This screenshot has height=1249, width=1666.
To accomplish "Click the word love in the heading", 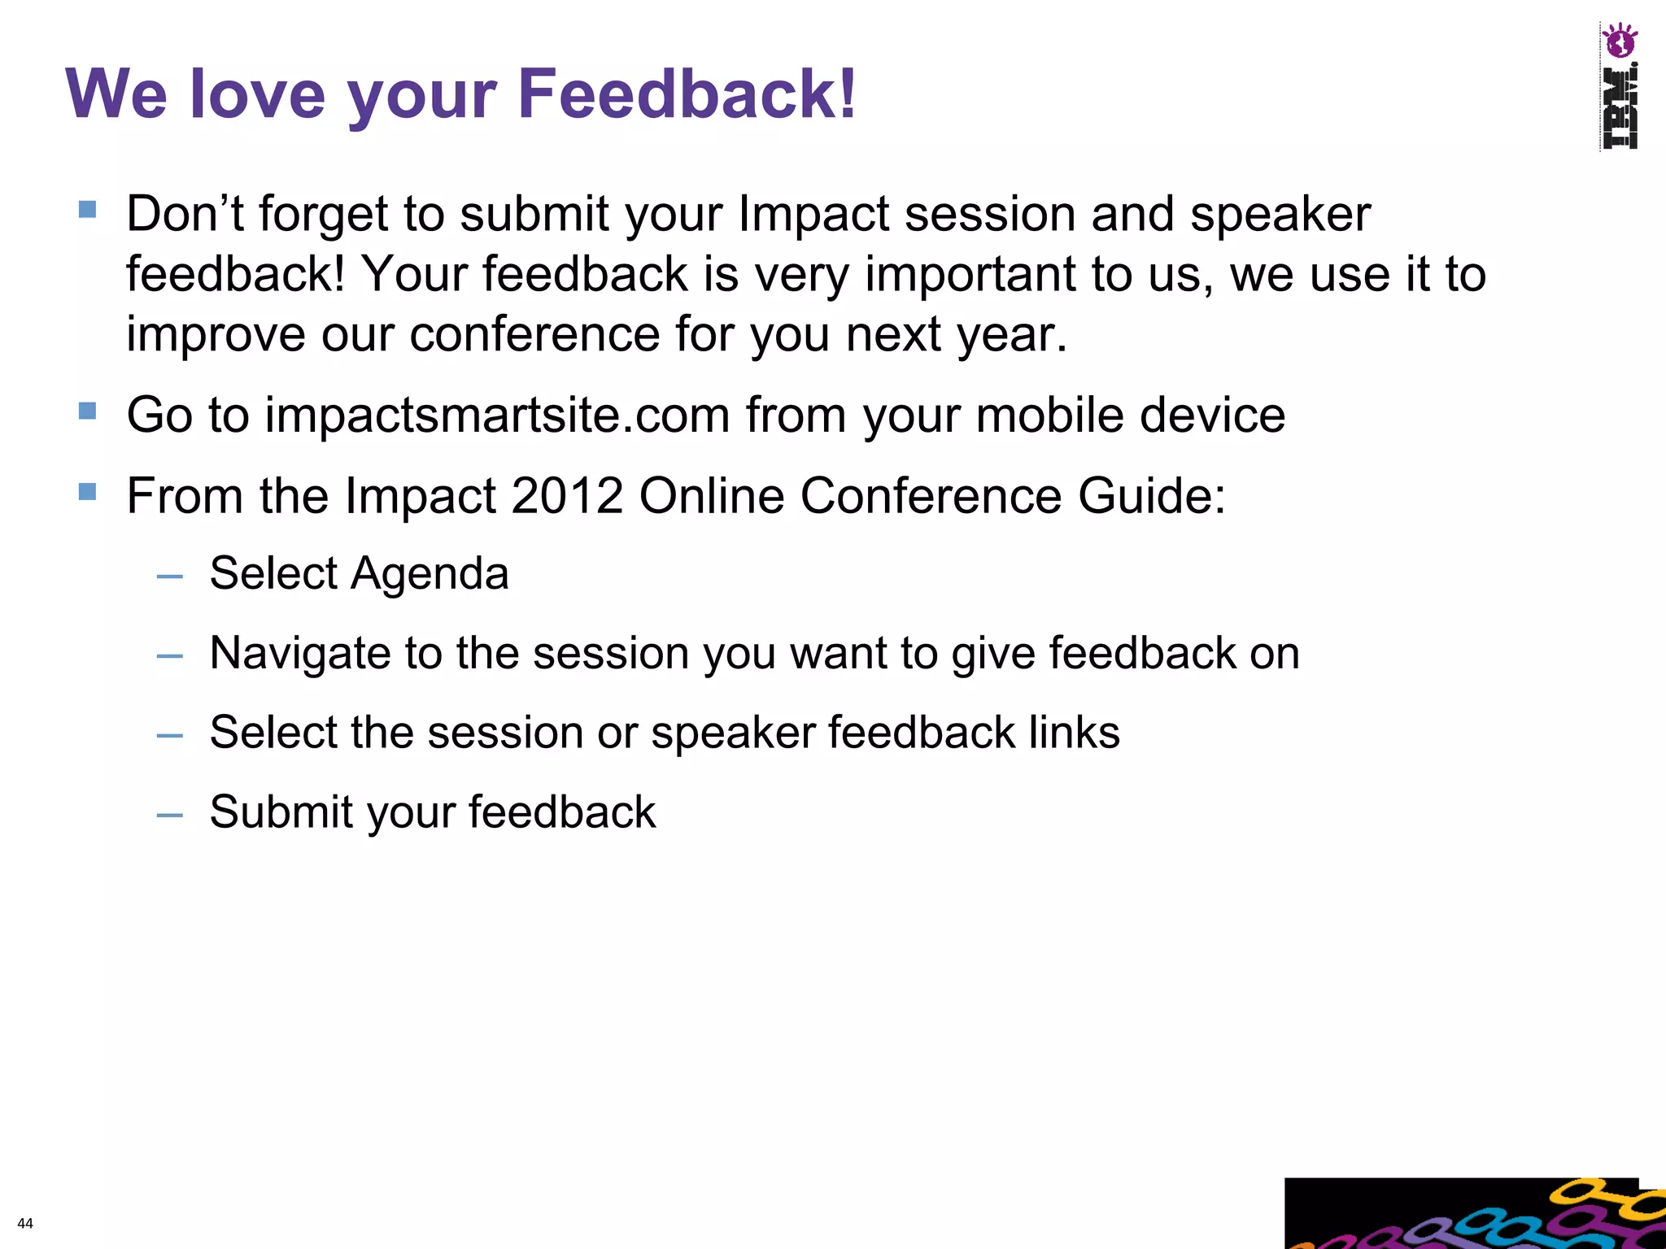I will (x=257, y=94).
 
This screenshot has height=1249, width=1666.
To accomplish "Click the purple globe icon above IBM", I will (x=1619, y=41).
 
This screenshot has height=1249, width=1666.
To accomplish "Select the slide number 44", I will (x=25, y=1223).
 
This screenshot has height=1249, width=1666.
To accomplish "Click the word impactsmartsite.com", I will (x=497, y=415).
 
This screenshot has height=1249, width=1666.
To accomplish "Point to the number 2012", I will (x=567, y=495).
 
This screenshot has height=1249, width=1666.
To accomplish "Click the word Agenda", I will (x=430, y=574).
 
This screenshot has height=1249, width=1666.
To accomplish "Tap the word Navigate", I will (x=299, y=653).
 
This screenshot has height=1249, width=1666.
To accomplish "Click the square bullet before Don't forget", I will (x=88, y=210).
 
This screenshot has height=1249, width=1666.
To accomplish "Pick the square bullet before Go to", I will (x=88, y=411).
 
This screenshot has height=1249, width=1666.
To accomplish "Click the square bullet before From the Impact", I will (x=88, y=491).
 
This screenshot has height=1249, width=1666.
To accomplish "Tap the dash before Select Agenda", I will (x=170, y=577).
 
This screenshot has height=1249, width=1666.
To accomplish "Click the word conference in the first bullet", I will (x=534, y=334).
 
